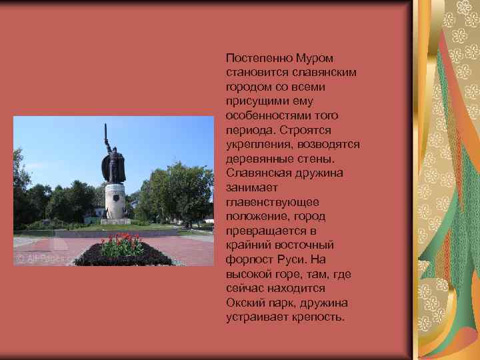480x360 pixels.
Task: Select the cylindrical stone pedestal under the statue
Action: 115,200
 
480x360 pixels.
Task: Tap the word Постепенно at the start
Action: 257,58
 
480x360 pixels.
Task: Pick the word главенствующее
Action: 273,201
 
